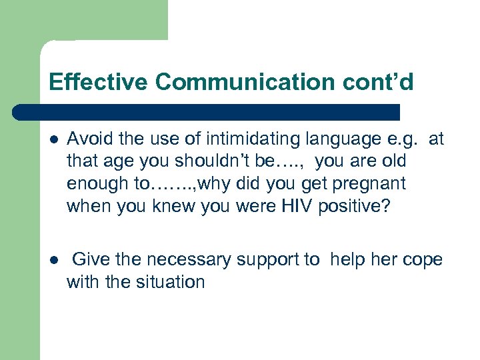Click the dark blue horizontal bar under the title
coord(207,112)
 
